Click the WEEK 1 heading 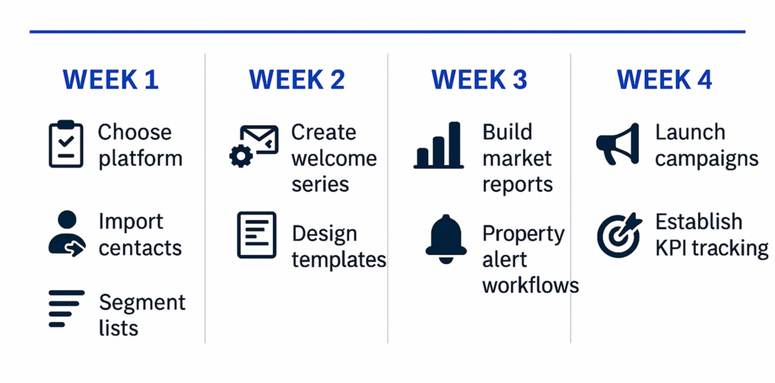point(111,80)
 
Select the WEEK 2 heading point(297,80)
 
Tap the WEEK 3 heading point(479,80)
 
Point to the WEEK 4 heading point(664,80)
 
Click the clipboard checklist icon point(66,144)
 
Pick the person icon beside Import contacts point(67,234)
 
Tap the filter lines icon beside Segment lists point(67,309)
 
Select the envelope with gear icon point(254,146)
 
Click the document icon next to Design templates point(257,235)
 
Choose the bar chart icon point(438,145)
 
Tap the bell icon point(446,240)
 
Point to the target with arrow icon point(619,235)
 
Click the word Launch point(690,132)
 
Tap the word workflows point(530,286)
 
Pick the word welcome point(334,158)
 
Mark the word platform point(140,159)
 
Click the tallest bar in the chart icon point(455,145)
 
